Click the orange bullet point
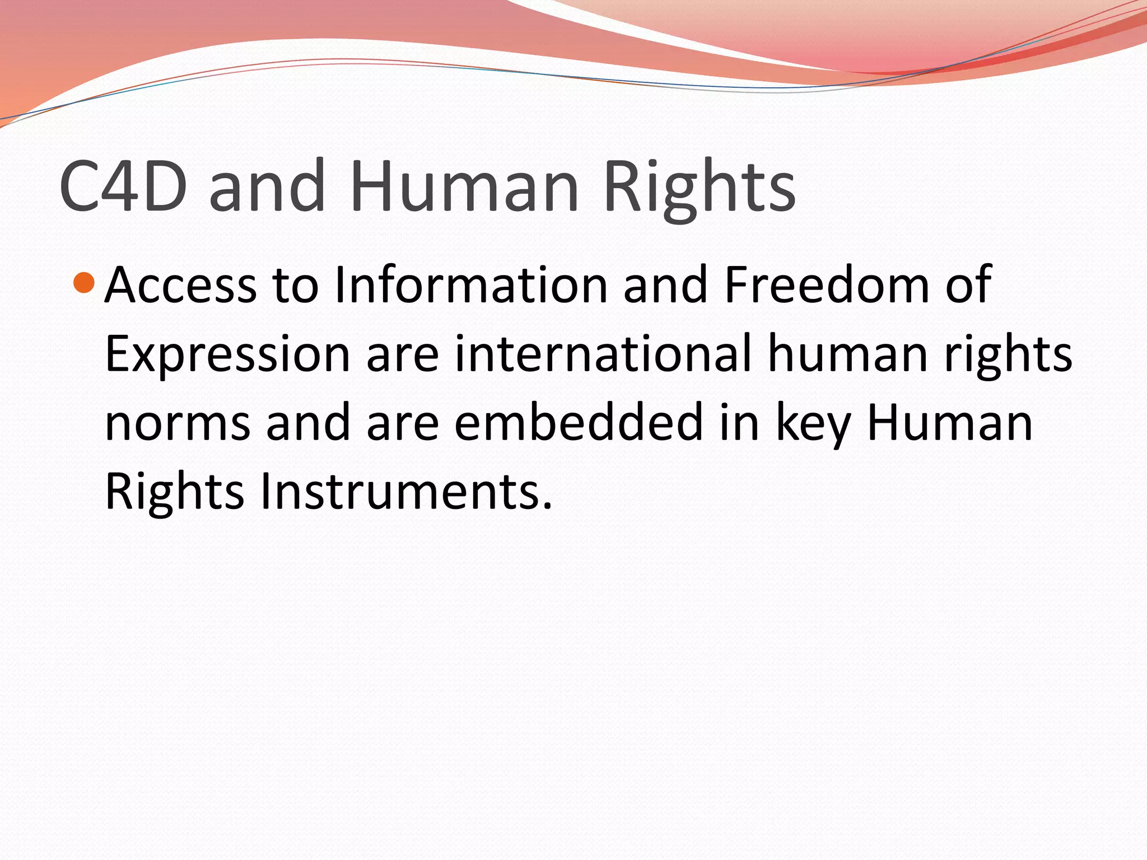click(x=84, y=283)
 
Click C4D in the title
click(x=123, y=186)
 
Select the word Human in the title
click(x=464, y=186)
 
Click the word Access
click(x=180, y=286)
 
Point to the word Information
click(x=470, y=286)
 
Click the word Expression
click(x=227, y=354)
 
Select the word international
click(x=603, y=354)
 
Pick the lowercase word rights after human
click(x=1008, y=354)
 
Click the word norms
click(x=178, y=423)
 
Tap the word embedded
click(x=578, y=423)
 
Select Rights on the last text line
click(x=174, y=492)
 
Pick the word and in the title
click(x=267, y=186)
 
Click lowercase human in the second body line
click(x=848, y=354)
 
